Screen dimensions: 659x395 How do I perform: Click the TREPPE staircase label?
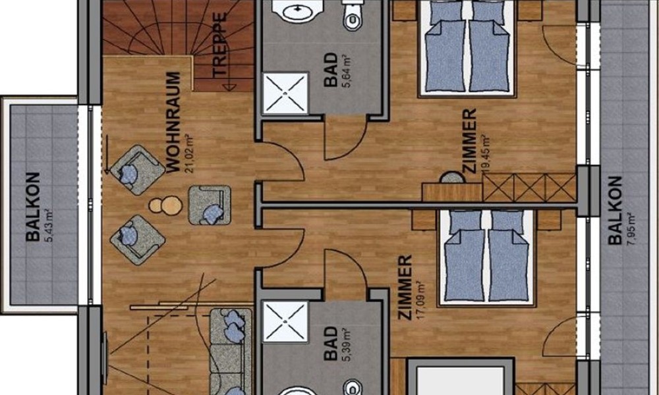220,45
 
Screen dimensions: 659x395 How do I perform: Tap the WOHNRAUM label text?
173,122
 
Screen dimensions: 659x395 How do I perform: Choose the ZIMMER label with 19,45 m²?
469,141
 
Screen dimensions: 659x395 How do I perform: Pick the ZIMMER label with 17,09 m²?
405,288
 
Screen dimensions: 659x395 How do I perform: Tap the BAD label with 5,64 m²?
331,70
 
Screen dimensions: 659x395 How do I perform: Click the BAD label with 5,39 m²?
331,344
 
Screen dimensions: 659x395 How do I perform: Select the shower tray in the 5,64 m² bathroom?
285,93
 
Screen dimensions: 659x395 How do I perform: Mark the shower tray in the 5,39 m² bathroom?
285,322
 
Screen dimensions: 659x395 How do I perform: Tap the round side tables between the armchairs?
166,205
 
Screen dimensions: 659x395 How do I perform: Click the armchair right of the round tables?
210,205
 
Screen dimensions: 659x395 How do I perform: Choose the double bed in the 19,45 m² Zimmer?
467,48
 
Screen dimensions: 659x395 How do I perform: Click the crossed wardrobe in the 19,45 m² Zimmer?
529,187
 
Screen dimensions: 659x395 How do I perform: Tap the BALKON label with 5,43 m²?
33,207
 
